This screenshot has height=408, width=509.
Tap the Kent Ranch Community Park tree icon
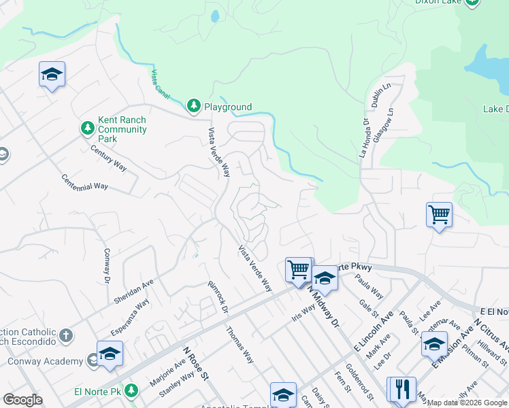click(87, 128)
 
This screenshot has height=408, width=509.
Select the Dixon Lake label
click(440, 2)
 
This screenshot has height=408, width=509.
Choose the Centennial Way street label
click(84, 182)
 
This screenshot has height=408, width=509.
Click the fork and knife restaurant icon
click(402, 388)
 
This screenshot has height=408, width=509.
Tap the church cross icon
click(65, 335)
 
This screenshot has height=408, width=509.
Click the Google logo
click(23, 400)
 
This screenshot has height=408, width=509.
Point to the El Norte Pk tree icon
click(132, 391)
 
